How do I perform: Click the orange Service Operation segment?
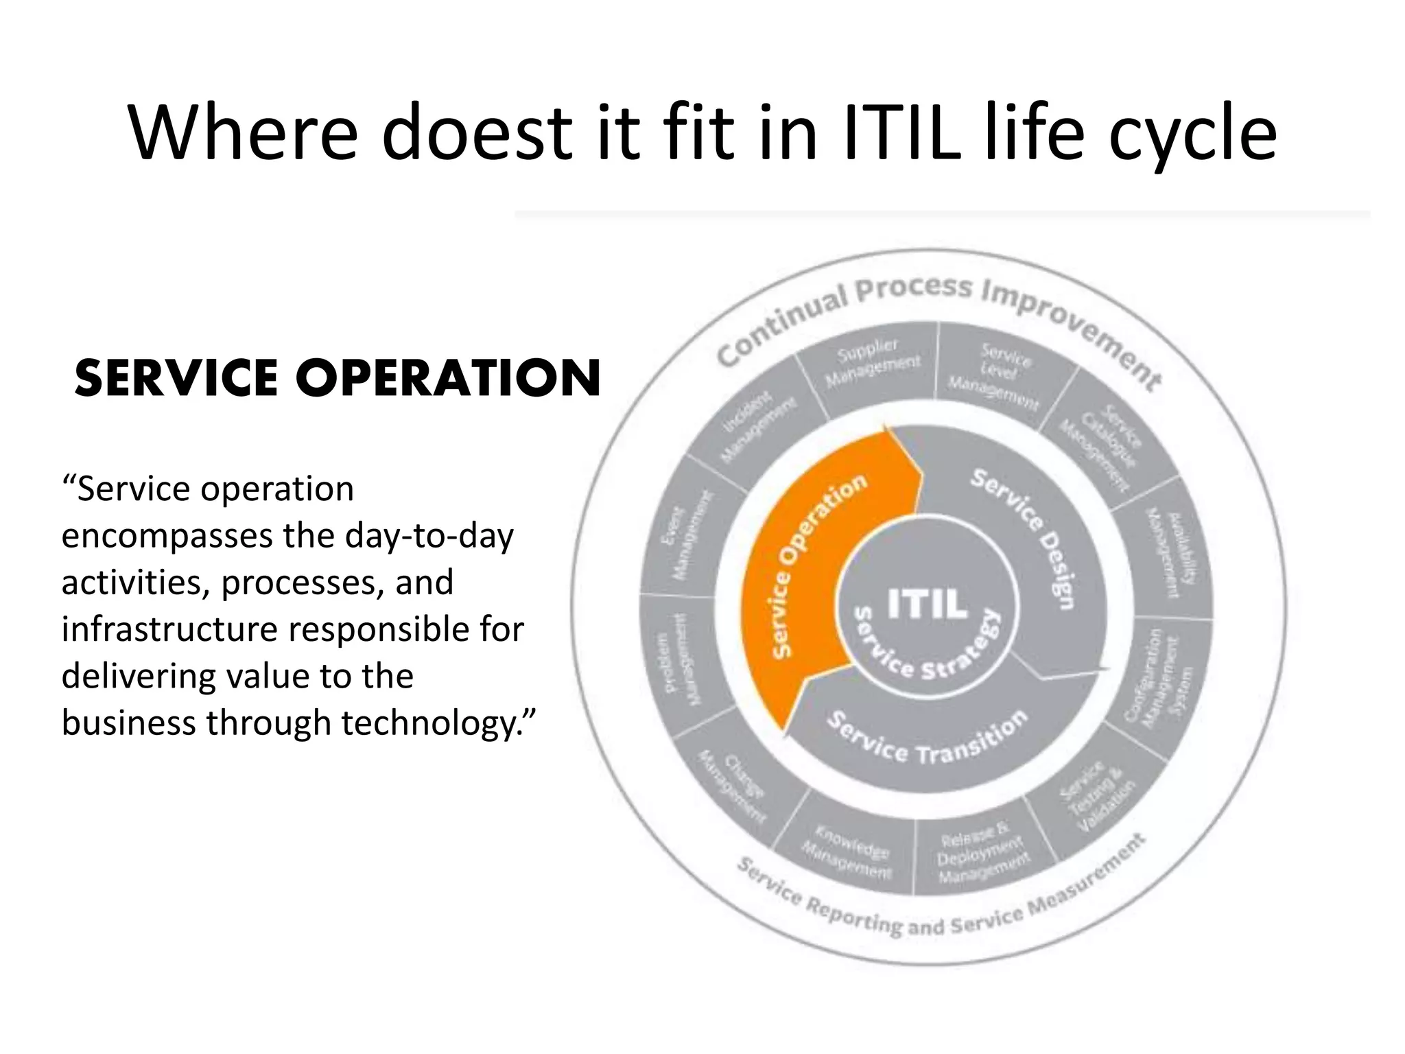(810, 570)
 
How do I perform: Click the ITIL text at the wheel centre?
(928, 604)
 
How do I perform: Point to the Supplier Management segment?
(871, 364)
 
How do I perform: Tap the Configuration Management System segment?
(1159, 679)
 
